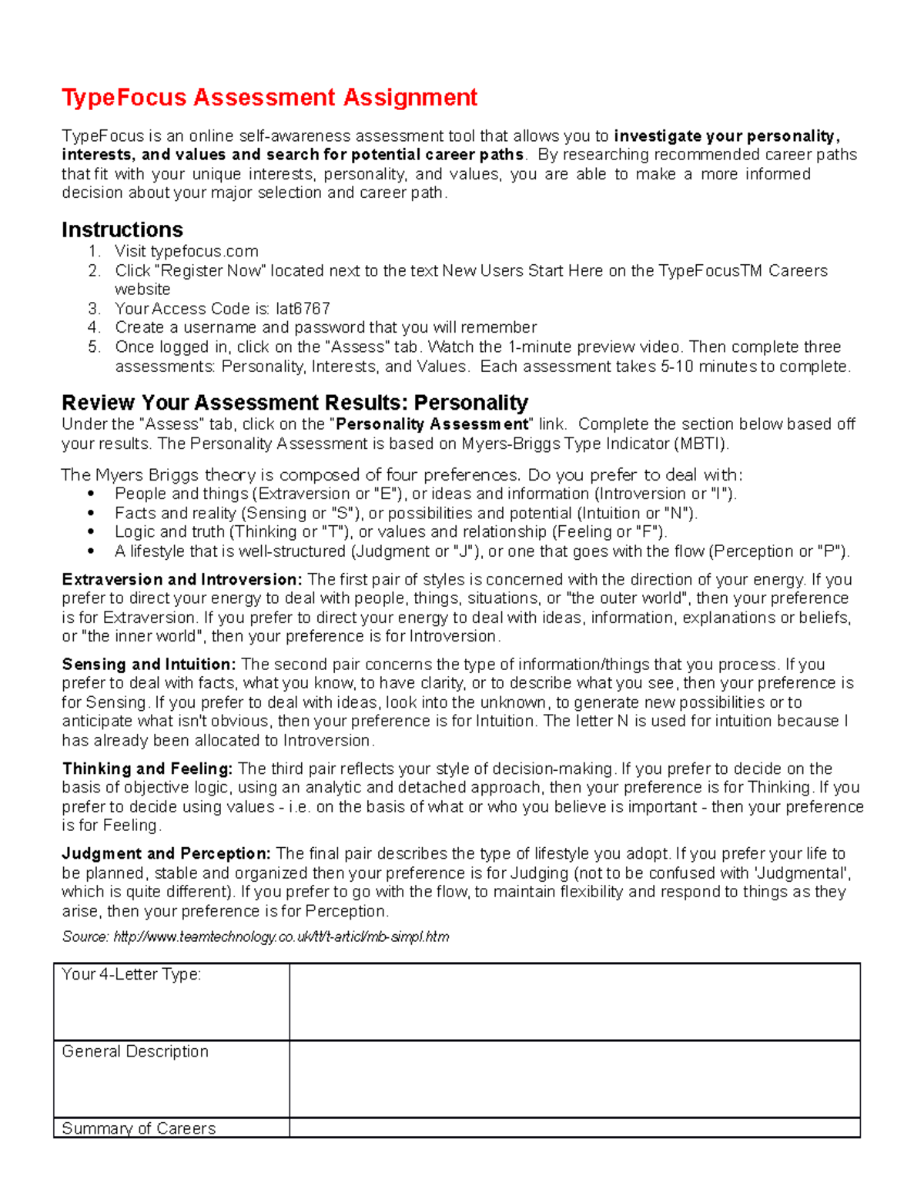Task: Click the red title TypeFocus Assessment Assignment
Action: point(269,98)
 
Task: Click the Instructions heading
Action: point(122,229)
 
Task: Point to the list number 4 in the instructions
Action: point(94,328)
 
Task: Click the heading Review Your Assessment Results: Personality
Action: point(294,403)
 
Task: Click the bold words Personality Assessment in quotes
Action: point(432,424)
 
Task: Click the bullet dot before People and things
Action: point(92,494)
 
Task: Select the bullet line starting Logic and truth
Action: point(390,532)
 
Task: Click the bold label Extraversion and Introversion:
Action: point(182,580)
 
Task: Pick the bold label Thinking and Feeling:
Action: point(147,769)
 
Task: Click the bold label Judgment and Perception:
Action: point(166,854)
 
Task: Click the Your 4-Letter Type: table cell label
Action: point(131,975)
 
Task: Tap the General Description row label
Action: point(135,1052)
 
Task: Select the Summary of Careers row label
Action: point(139,1128)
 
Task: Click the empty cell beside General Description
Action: point(574,1079)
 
